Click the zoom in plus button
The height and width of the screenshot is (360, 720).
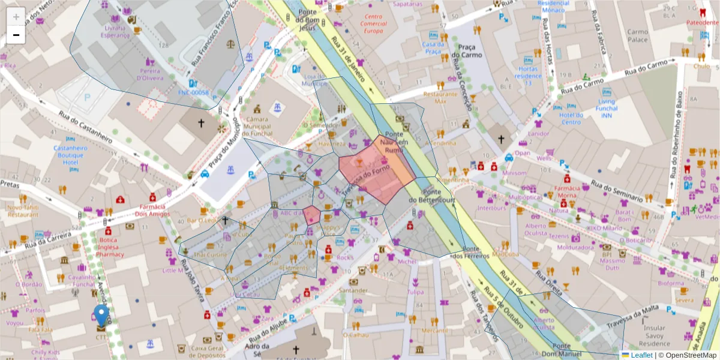click(x=16, y=16)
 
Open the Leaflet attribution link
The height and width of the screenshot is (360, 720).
click(x=641, y=355)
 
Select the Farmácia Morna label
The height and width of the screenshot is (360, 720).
click(x=566, y=191)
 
